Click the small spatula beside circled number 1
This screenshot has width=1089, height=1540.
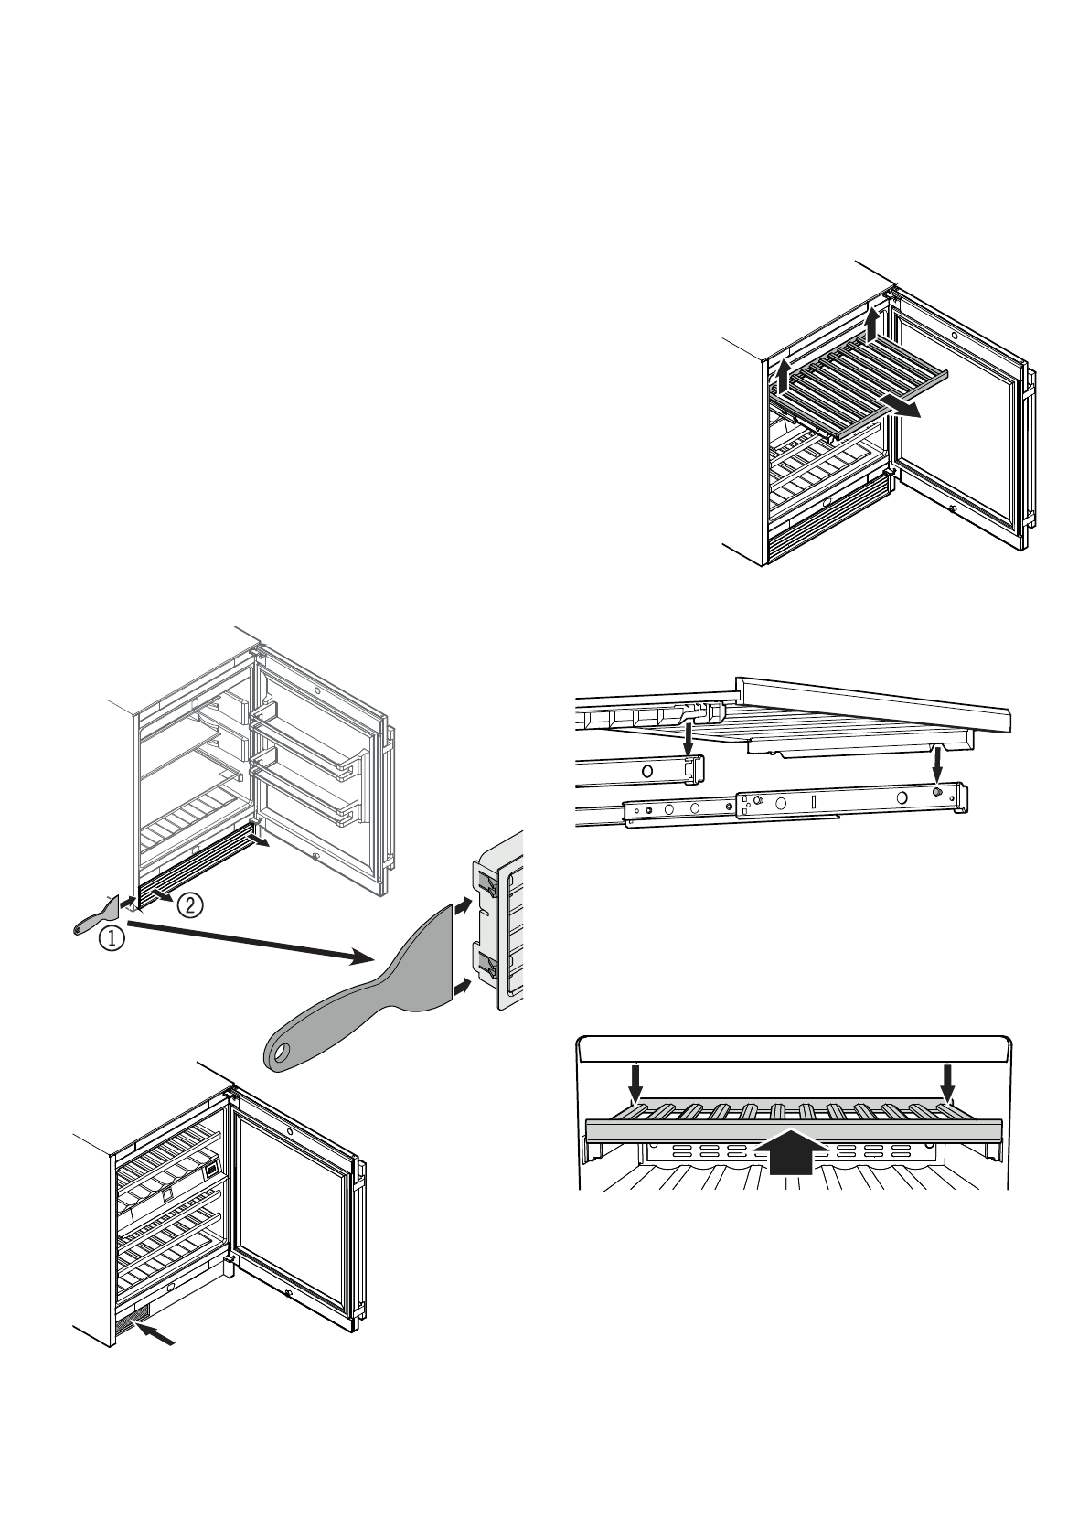tap(101, 916)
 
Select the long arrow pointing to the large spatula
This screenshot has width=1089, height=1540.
tap(247, 941)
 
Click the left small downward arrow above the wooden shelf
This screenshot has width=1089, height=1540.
tap(636, 1084)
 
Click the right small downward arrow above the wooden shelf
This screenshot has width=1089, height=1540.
tap(948, 1084)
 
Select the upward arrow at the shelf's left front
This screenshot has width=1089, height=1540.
tap(783, 376)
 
